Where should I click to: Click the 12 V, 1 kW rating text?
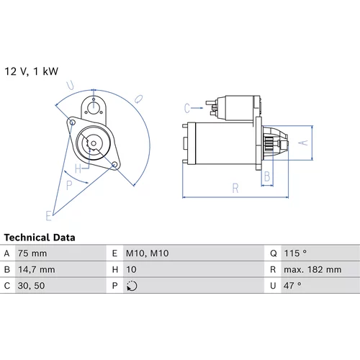tap(32, 71)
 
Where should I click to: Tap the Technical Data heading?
tap(40, 238)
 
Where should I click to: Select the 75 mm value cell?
tap(32, 253)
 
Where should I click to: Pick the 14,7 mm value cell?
tap(37, 269)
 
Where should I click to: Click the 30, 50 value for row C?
tap(31, 286)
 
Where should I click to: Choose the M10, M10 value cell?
tap(147, 253)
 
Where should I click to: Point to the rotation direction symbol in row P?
tap(132, 286)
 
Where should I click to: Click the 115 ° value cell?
tap(295, 253)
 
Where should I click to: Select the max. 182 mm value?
tap(312, 269)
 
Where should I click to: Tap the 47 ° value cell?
tap(292, 286)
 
